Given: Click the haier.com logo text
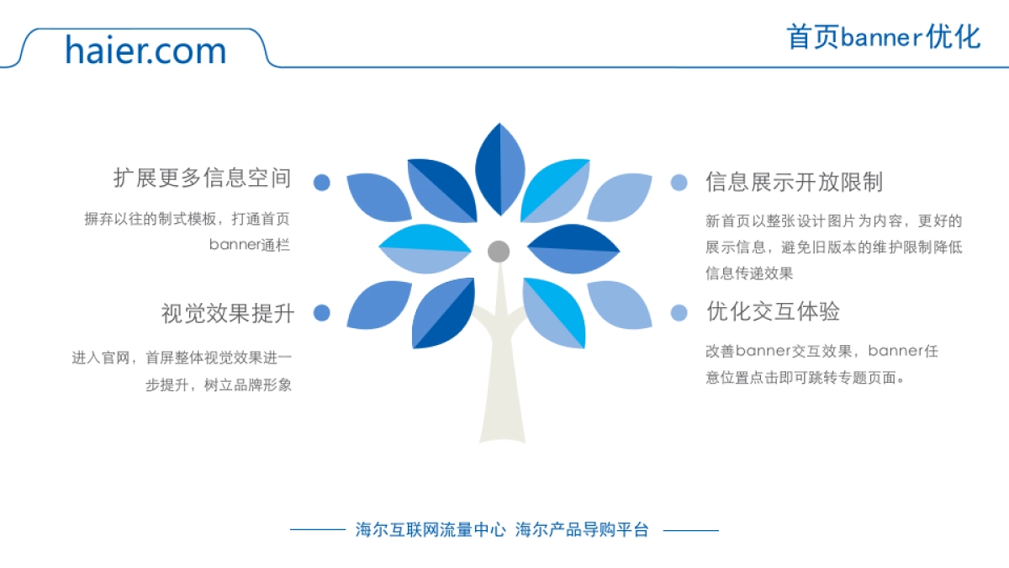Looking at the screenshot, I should click(x=145, y=50).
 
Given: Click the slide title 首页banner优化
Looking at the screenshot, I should click(x=883, y=37).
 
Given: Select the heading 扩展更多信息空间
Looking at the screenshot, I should click(x=203, y=178).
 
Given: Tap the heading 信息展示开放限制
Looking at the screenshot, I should click(x=794, y=183).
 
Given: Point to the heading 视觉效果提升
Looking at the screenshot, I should click(x=228, y=314).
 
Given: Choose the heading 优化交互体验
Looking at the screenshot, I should click(x=773, y=312).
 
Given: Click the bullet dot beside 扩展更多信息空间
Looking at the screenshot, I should click(x=321, y=183).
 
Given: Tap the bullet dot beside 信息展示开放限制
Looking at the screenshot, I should click(x=679, y=183).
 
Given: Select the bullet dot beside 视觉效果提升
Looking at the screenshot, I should click(x=321, y=313).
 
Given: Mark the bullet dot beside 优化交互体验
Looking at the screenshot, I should click(x=679, y=313).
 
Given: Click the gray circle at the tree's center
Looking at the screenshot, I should click(x=499, y=251).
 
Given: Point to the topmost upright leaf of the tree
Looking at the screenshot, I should click(x=500, y=168).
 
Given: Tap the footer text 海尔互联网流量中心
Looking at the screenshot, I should click(x=431, y=530).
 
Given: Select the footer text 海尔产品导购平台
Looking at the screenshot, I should click(x=582, y=530).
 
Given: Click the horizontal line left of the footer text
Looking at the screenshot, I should click(x=318, y=530).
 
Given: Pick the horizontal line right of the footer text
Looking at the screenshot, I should click(x=690, y=530).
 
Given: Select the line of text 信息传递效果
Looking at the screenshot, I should click(x=749, y=273).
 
